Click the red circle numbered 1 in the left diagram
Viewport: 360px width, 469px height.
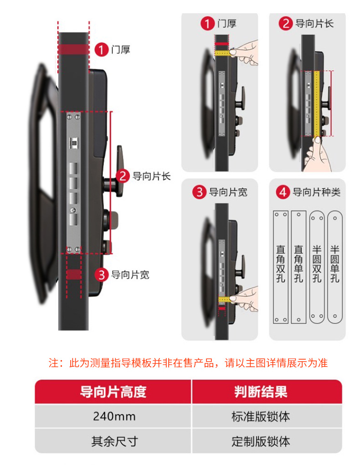[101, 49]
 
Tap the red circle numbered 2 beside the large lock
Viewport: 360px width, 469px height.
[122, 176]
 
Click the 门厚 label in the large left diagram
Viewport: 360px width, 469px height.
[121, 49]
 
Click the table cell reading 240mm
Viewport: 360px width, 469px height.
[114, 416]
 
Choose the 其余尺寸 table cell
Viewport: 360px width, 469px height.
[114, 441]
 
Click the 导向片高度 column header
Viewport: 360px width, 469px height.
[114, 392]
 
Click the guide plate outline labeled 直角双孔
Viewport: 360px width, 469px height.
[280, 267]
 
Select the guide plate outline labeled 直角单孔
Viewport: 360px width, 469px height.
[298, 267]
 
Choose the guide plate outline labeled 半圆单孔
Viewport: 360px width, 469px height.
[334, 267]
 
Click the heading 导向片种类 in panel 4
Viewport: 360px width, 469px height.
[316, 192]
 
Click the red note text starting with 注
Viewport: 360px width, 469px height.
[188, 363]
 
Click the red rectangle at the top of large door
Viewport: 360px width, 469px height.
[73, 49]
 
